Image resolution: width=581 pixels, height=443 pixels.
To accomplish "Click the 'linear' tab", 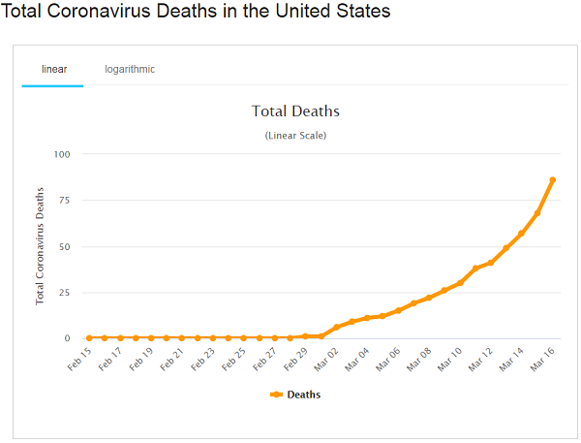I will coord(53,69).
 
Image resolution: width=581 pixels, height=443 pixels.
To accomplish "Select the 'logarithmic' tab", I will coord(130,69).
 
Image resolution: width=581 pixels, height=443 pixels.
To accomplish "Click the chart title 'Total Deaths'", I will coord(295,111).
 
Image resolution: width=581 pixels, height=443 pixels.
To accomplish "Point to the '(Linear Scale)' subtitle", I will coord(295,135).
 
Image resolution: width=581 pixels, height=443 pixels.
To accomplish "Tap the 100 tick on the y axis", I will coord(62,154).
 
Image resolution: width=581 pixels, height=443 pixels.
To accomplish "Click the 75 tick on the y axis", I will coord(64,200).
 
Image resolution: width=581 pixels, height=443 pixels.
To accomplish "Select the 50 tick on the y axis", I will coord(64,246).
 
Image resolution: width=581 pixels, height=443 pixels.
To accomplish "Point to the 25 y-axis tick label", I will coord(64,292).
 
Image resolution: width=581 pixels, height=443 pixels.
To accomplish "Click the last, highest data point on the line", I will coord(552,180).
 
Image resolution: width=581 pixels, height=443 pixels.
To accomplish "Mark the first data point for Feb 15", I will coord(89,337).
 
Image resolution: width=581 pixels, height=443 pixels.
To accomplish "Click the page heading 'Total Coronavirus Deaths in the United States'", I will coord(197,13).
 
